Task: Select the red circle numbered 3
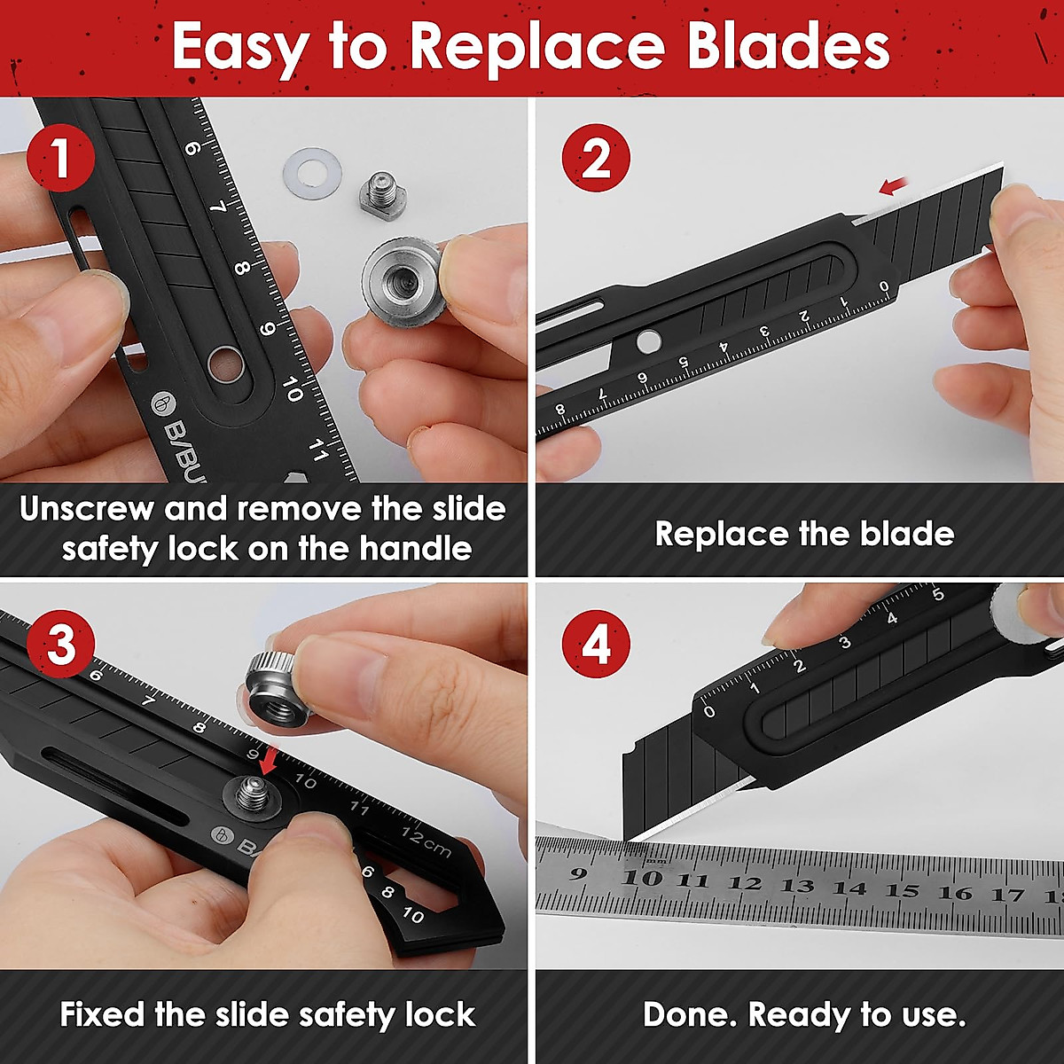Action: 60,645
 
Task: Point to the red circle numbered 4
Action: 596,645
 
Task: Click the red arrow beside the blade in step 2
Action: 896,184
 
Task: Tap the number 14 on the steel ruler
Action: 849,887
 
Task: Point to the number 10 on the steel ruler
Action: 645,879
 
